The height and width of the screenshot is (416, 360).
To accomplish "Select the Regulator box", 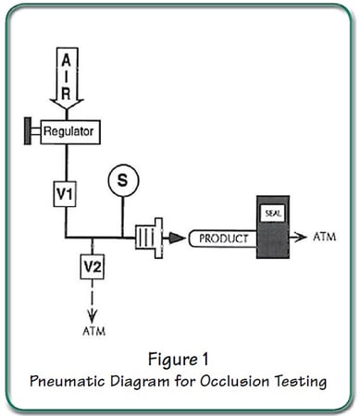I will [x=70, y=132].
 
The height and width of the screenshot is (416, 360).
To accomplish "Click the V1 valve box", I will [x=64, y=193].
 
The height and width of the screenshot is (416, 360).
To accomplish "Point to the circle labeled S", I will [x=122, y=180].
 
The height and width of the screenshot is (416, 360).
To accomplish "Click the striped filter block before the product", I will [x=149, y=238].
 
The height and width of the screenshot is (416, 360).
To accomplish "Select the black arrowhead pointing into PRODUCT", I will [x=176, y=238].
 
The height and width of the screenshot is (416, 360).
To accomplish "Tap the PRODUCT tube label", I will [x=223, y=239].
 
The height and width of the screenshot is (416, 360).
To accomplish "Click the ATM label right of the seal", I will [x=324, y=237].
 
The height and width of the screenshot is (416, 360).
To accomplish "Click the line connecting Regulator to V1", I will [x=64, y=162].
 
